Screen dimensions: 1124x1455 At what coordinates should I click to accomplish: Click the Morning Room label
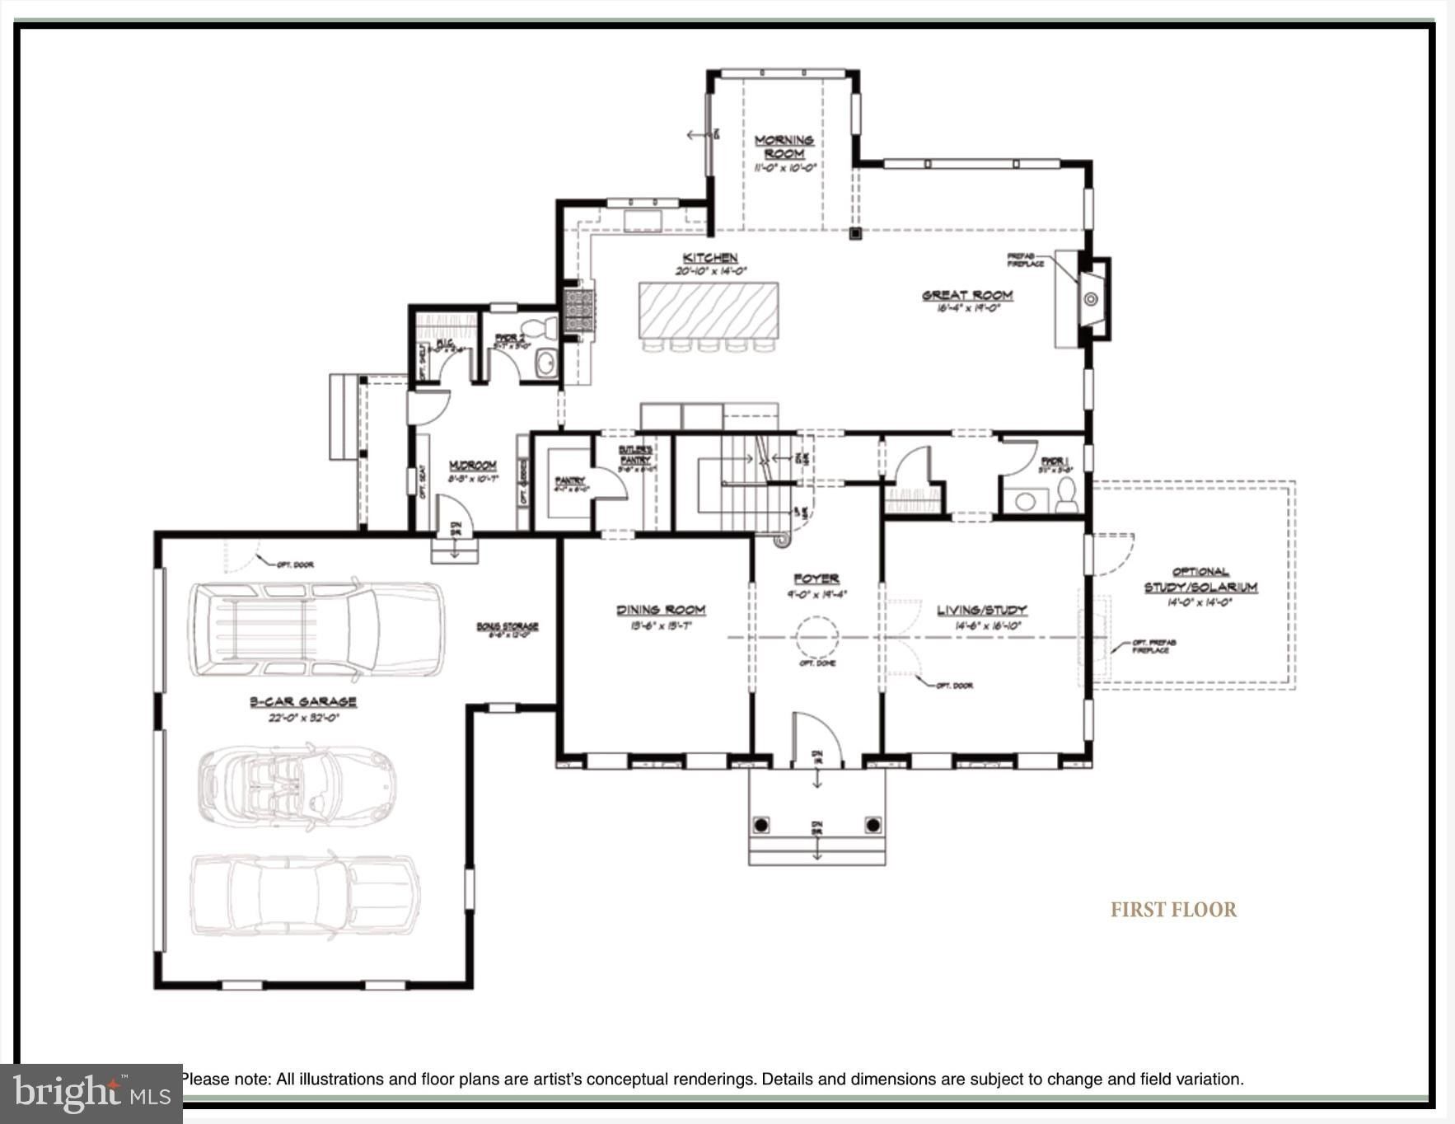pyautogui.click(x=784, y=147)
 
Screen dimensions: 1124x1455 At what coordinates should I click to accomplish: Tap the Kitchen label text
pyautogui.click(x=710, y=258)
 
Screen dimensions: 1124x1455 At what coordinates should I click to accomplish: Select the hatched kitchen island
pyautogui.click(x=709, y=310)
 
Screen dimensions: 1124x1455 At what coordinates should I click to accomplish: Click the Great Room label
pyautogui.click(x=967, y=295)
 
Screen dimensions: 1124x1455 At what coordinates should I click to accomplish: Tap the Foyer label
pyautogui.click(x=816, y=578)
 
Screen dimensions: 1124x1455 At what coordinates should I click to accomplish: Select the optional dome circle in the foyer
pyautogui.click(x=816, y=636)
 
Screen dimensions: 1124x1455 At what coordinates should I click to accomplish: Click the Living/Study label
pyautogui.click(x=981, y=610)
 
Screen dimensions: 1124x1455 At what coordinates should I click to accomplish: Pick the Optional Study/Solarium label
pyautogui.click(x=1200, y=579)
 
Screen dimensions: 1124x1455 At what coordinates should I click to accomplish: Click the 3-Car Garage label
pyautogui.click(x=303, y=701)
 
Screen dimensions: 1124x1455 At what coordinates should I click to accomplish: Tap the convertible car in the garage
pyautogui.click(x=297, y=786)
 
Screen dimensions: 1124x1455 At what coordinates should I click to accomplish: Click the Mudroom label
pyautogui.click(x=472, y=466)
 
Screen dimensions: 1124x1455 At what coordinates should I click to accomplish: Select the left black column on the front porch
pyautogui.click(x=761, y=825)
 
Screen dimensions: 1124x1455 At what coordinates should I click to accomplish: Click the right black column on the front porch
pyautogui.click(x=873, y=825)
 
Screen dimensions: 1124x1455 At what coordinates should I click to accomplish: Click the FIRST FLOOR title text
pyautogui.click(x=1173, y=910)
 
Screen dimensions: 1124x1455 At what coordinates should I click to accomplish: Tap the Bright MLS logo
pyautogui.click(x=91, y=1094)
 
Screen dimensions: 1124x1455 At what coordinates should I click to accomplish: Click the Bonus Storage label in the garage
pyautogui.click(x=507, y=626)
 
